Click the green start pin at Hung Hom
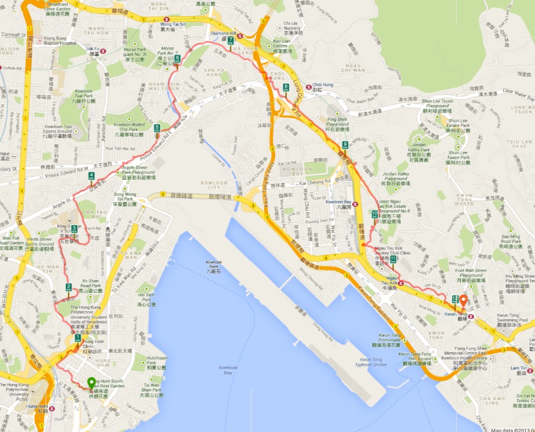pos(91,382)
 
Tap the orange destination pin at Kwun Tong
pos(463,301)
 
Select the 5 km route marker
pos(157,128)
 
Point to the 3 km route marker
pos(75,229)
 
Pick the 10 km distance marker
pos(375,214)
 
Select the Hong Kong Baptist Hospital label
pos(60,40)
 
